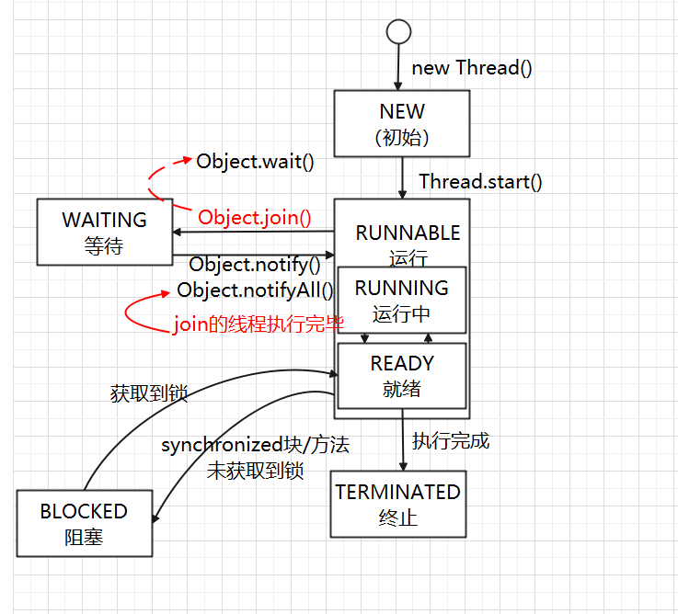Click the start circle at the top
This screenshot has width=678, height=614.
click(x=397, y=31)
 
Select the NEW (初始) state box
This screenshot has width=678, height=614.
click(x=403, y=124)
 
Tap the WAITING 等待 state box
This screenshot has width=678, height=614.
click(x=104, y=233)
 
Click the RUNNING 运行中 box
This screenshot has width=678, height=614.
click(x=402, y=300)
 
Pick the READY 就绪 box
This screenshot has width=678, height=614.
click(x=402, y=376)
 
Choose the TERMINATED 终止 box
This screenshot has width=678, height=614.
click(x=397, y=504)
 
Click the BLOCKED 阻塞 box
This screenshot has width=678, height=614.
click(x=84, y=523)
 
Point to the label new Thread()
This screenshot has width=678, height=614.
click(x=471, y=68)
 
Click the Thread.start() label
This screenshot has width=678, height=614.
click(x=480, y=181)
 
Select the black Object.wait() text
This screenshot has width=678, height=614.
click(x=255, y=161)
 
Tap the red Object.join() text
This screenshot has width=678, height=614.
click(x=255, y=218)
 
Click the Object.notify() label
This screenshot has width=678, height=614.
click(x=255, y=265)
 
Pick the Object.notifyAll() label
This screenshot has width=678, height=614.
click(x=255, y=290)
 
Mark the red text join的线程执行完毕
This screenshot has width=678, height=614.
click(x=259, y=324)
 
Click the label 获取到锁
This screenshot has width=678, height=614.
click(x=148, y=394)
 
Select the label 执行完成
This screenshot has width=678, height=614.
click(x=450, y=441)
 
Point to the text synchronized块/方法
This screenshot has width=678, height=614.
click(x=255, y=446)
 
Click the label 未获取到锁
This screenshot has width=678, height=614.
click(x=255, y=471)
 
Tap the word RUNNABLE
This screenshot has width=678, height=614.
click(x=408, y=233)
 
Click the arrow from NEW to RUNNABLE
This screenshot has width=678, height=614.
click(x=402, y=177)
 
